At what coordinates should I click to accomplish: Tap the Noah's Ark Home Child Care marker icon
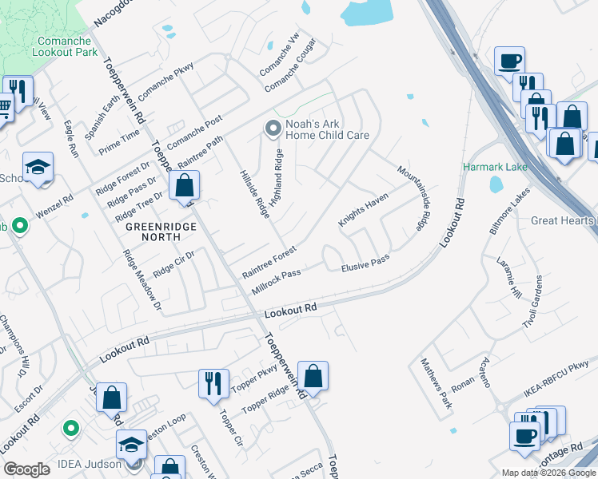click(x=273, y=128)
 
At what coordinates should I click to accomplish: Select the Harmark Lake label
click(x=488, y=168)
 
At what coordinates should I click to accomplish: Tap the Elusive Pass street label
click(x=365, y=263)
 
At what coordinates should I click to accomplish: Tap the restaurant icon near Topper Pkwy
click(x=213, y=382)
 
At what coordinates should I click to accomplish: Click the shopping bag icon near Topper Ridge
click(x=314, y=375)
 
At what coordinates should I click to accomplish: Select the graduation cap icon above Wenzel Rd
click(x=38, y=166)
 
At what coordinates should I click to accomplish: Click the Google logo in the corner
click(x=26, y=469)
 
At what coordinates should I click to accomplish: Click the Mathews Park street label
click(x=437, y=384)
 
